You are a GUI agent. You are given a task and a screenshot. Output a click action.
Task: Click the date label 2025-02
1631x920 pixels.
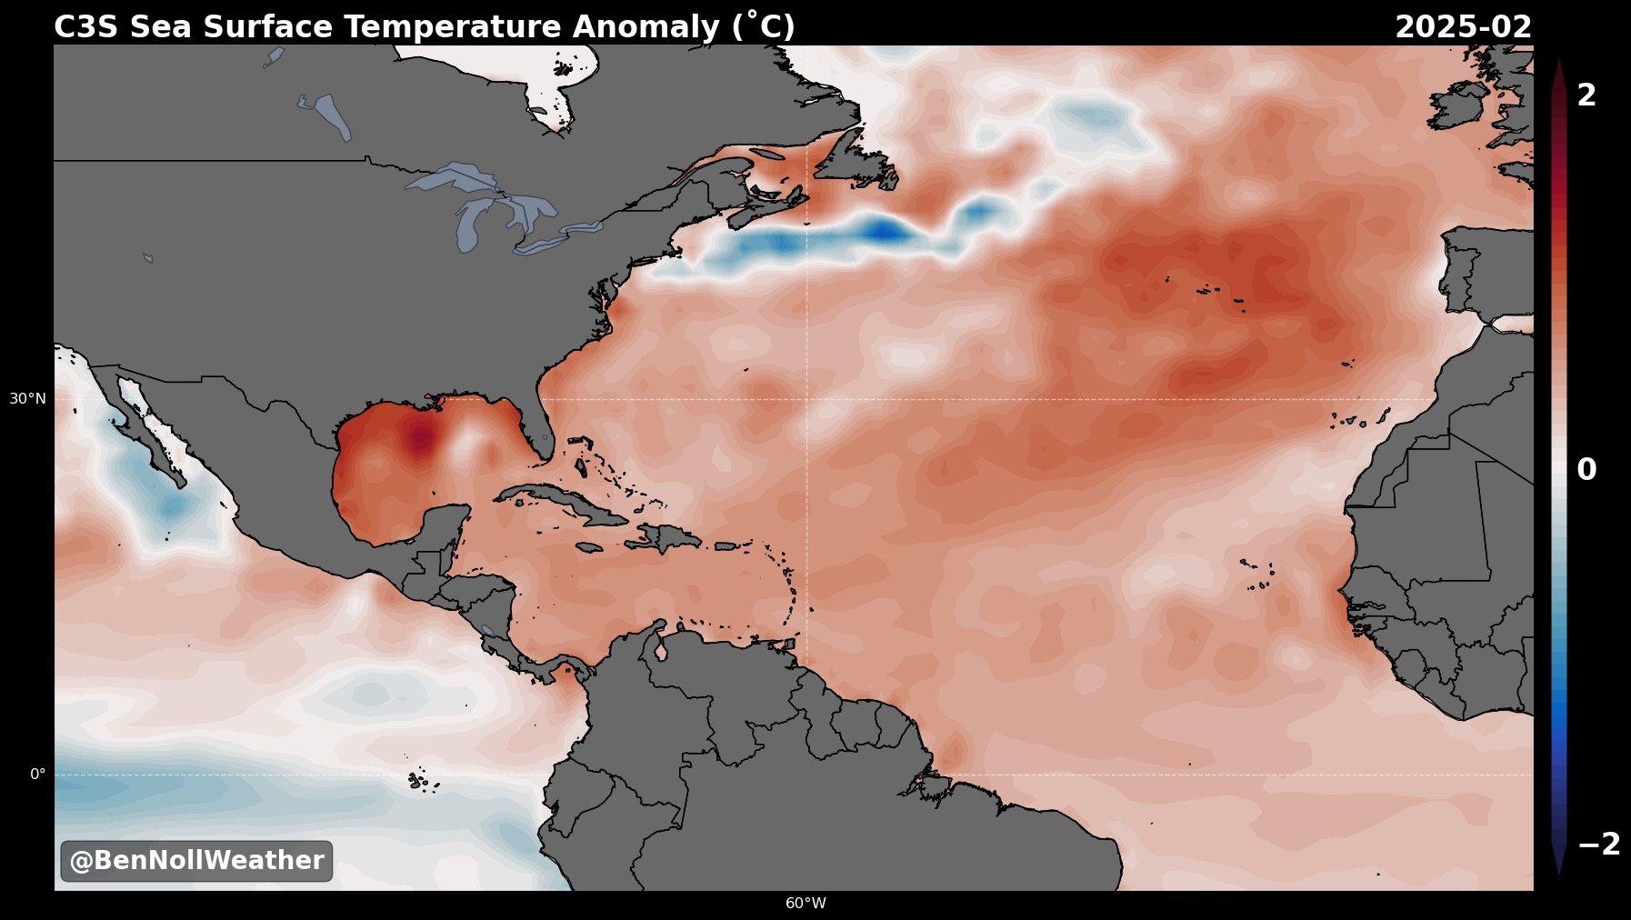1463,27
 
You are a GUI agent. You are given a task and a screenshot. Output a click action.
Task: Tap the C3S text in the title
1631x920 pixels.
86,27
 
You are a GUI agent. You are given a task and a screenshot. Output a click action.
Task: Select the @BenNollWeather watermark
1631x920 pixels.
196,861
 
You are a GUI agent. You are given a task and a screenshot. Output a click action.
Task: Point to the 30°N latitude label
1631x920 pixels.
27,398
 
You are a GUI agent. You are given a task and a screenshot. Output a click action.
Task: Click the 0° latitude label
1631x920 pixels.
37,775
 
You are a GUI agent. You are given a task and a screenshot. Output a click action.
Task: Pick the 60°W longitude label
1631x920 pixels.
805,904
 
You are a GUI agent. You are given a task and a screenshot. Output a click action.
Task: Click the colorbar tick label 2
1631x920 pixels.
1586,95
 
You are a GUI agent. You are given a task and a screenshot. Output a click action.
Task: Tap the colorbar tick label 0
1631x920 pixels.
1586,470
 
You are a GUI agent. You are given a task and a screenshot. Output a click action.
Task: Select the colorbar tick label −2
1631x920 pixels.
1599,845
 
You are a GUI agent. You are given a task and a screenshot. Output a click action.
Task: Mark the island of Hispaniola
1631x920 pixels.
663,537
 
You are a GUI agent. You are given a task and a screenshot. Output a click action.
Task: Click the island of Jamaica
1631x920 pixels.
589,547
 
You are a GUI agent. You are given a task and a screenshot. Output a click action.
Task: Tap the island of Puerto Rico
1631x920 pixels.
725,546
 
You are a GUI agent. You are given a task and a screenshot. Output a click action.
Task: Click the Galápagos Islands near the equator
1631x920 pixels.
420,780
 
